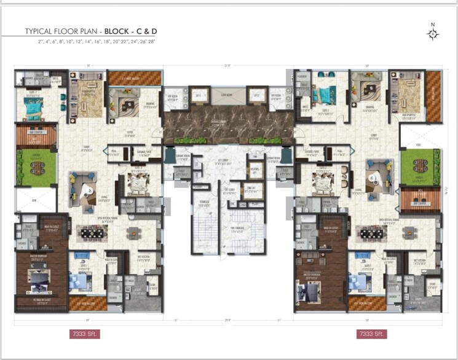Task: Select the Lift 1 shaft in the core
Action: click(x=199, y=96)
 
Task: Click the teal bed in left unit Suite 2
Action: click(x=33, y=108)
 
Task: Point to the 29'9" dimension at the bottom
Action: click(x=228, y=319)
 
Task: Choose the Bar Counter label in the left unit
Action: click(x=35, y=131)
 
